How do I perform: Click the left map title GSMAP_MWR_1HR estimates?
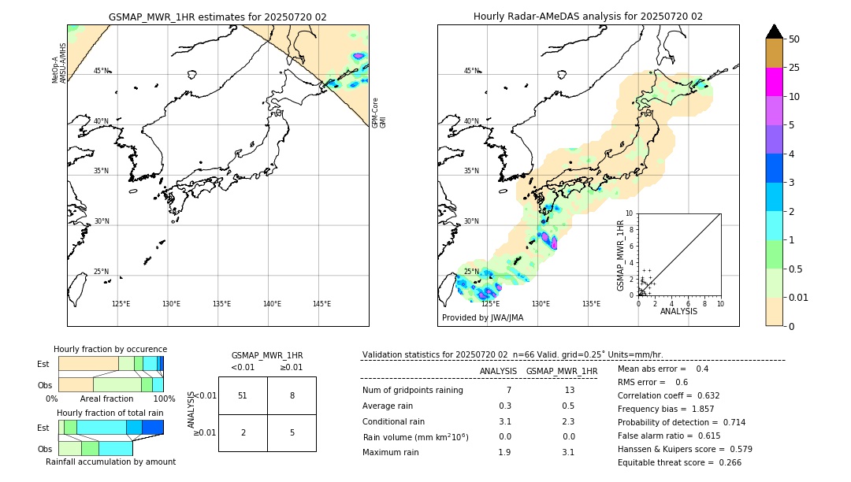click(217, 17)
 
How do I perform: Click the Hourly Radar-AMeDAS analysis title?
click(588, 17)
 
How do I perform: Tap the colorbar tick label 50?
click(794, 39)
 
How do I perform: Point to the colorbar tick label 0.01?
click(799, 297)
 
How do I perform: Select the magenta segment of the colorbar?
click(774, 82)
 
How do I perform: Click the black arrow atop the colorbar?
click(774, 32)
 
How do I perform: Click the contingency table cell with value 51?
click(243, 395)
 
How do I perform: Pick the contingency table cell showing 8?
click(292, 395)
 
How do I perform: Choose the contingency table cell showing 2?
click(243, 432)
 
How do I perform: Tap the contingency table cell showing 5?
click(292, 432)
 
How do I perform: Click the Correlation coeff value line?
click(668, 395)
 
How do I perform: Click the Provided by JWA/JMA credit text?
click(482, 318)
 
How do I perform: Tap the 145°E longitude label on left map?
click(321, 304)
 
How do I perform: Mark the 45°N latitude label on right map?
click(471, 71)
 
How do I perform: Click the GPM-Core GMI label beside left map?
click(379, 113)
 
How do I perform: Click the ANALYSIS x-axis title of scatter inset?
click(678, 311)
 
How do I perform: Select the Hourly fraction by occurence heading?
click(110, 349)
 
